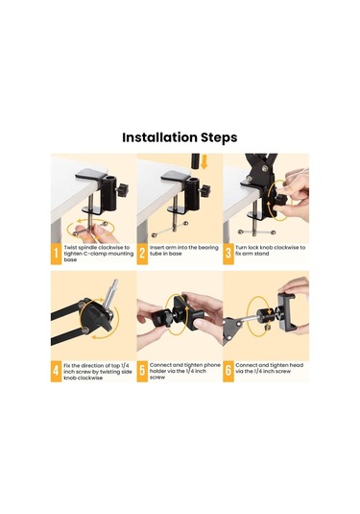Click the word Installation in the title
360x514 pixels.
(x=159, y=137)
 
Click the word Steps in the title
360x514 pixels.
(x=219, y=138)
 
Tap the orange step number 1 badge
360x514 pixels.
(x=56, y=254)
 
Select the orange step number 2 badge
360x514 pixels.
(x=142, y=254)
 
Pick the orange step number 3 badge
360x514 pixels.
(x=228, y=254)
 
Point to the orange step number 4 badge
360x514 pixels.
(x=56, y=371)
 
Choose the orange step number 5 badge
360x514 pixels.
(x=142, y=371)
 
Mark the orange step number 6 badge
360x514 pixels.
(x=228, y=371)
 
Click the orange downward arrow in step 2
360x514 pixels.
(x=204, y=162)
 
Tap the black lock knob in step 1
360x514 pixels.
(x=123, y=190)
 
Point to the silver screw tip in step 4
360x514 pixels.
(x=115, y=281)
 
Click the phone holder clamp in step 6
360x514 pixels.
(x=287, y=311)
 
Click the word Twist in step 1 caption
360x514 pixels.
(x=71, y=248)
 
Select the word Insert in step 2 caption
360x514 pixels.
(x=156, y=248)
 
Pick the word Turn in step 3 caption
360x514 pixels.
(x=241, y=248)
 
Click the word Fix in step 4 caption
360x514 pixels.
(x=67, y=365)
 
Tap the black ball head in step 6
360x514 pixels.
(x=264, y=316)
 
